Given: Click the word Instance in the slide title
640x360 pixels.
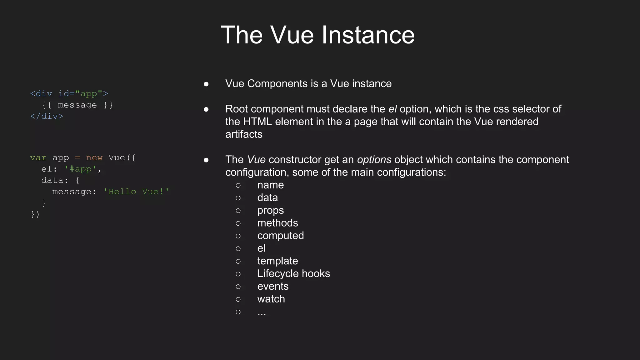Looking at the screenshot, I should point(368,35).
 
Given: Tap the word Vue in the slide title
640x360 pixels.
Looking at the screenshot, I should point(292,35).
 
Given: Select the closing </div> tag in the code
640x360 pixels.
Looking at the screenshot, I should point(47,116).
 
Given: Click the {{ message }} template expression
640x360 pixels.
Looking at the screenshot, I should point(77,105).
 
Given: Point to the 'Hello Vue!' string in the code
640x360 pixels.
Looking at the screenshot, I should point(136,192).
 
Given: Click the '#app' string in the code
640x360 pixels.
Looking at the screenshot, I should point(80,169).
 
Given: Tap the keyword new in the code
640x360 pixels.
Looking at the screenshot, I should point(94,158).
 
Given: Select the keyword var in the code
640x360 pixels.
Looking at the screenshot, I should point(38,158).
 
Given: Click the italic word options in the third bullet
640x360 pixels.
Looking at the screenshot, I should point(374,160).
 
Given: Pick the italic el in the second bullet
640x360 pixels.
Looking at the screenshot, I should point(392,109).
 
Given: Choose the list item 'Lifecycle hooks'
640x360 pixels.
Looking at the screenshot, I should point(293,274).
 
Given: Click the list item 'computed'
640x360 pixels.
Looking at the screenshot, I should point(280,236).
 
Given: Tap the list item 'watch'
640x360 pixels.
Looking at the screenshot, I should point(271,299).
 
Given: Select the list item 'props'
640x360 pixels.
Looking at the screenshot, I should point(270,211).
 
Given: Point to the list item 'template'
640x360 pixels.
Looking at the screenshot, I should point(277,261).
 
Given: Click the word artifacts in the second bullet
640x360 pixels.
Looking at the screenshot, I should point(244,134).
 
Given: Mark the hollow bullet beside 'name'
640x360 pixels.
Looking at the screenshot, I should point(238,185).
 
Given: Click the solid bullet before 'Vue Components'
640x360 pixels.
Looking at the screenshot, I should point(206,84).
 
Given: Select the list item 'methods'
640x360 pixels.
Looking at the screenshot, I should point(277,223).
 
